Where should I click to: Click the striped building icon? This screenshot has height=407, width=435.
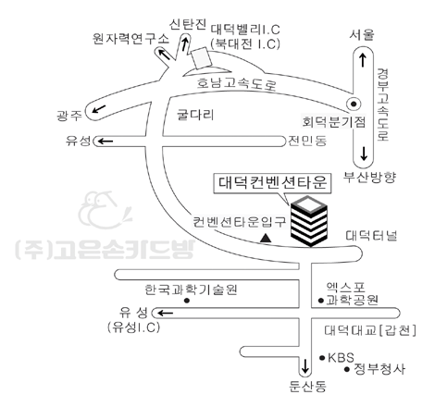tap(309, 221)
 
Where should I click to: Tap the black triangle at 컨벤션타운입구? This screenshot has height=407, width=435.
tap(266, 238)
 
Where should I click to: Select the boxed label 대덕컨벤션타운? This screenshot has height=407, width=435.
tap(272, 183)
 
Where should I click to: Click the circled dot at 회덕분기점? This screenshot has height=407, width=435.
tap(354, 104)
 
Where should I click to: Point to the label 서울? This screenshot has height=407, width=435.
tap(362, 35)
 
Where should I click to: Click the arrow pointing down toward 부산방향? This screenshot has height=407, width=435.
tap(364, 154)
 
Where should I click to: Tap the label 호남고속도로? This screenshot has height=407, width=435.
tap(237, 83)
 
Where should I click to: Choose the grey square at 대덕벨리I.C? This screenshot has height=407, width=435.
tap(202, 57)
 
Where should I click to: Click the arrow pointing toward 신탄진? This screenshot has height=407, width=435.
tap(185, 44)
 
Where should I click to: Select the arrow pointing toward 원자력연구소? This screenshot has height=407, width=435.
tap(164, 55)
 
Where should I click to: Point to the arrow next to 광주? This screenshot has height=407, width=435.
tap(99, 109)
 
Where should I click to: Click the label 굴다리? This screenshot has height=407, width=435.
tap(195, 115)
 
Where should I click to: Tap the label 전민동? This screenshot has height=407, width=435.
tap(307, 141)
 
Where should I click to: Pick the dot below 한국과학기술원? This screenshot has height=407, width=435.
tap(187, 301)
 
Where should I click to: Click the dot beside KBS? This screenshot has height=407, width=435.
tap(322, 358)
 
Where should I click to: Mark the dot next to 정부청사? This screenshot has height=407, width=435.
tap(347, 369)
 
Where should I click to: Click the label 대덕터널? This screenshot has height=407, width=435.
tap(371, 236)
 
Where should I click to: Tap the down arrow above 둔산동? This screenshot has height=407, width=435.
tap(305, 366)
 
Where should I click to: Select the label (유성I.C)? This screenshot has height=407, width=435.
tap(134, 327)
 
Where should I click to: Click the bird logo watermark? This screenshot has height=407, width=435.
tap(105, 211)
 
